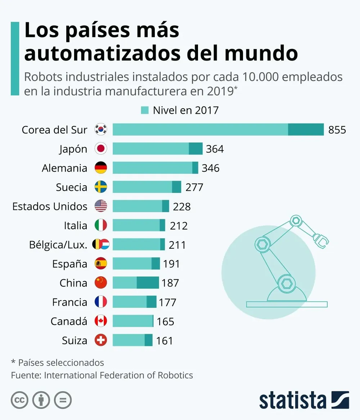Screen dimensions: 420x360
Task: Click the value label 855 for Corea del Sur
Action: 337,130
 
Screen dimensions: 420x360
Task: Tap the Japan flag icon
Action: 101,149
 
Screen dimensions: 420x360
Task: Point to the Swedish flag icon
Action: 101,187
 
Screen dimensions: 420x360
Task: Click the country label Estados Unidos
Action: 50,206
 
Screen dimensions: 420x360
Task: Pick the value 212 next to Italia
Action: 179,226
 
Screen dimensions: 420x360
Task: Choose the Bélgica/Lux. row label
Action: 58,245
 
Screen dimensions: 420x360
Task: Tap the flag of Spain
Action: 101,264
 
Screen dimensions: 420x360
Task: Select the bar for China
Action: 136,283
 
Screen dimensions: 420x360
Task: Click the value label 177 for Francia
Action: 167,302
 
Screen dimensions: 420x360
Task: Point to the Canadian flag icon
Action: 101,321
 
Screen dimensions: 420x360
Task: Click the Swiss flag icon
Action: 101,340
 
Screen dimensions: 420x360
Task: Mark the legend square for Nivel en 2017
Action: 145,110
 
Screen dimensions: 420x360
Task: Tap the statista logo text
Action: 292,400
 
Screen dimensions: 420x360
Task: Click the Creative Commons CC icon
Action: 20,400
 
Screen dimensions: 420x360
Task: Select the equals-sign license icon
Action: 63,400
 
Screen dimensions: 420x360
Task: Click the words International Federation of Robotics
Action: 118,375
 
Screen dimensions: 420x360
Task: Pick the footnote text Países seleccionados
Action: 61,362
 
